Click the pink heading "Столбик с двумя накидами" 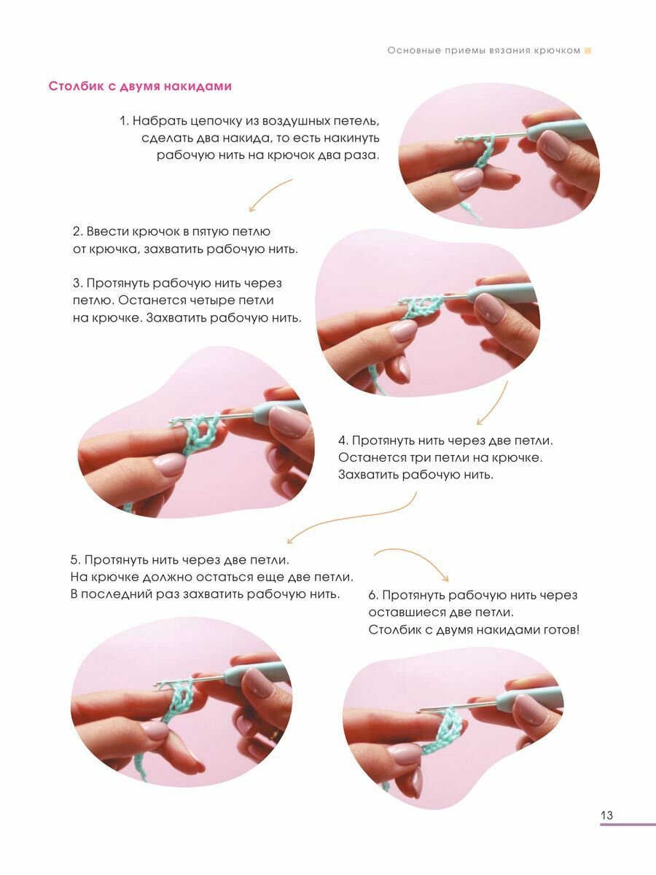(x=140, y=87)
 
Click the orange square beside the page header (x=587, y=50)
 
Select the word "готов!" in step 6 (x=561, y=630)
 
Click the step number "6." (x=373, y=595)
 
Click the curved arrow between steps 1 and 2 (x=269, y=193)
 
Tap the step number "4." (x=343, y=440)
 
